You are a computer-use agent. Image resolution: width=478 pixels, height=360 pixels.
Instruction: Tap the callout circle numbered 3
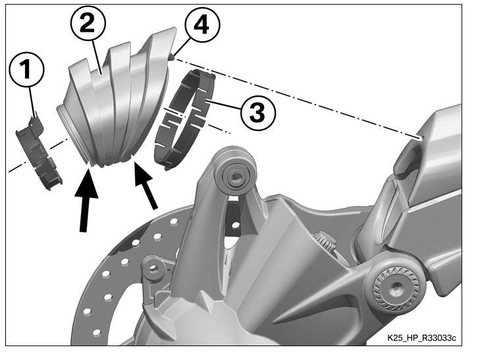[252, 112]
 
